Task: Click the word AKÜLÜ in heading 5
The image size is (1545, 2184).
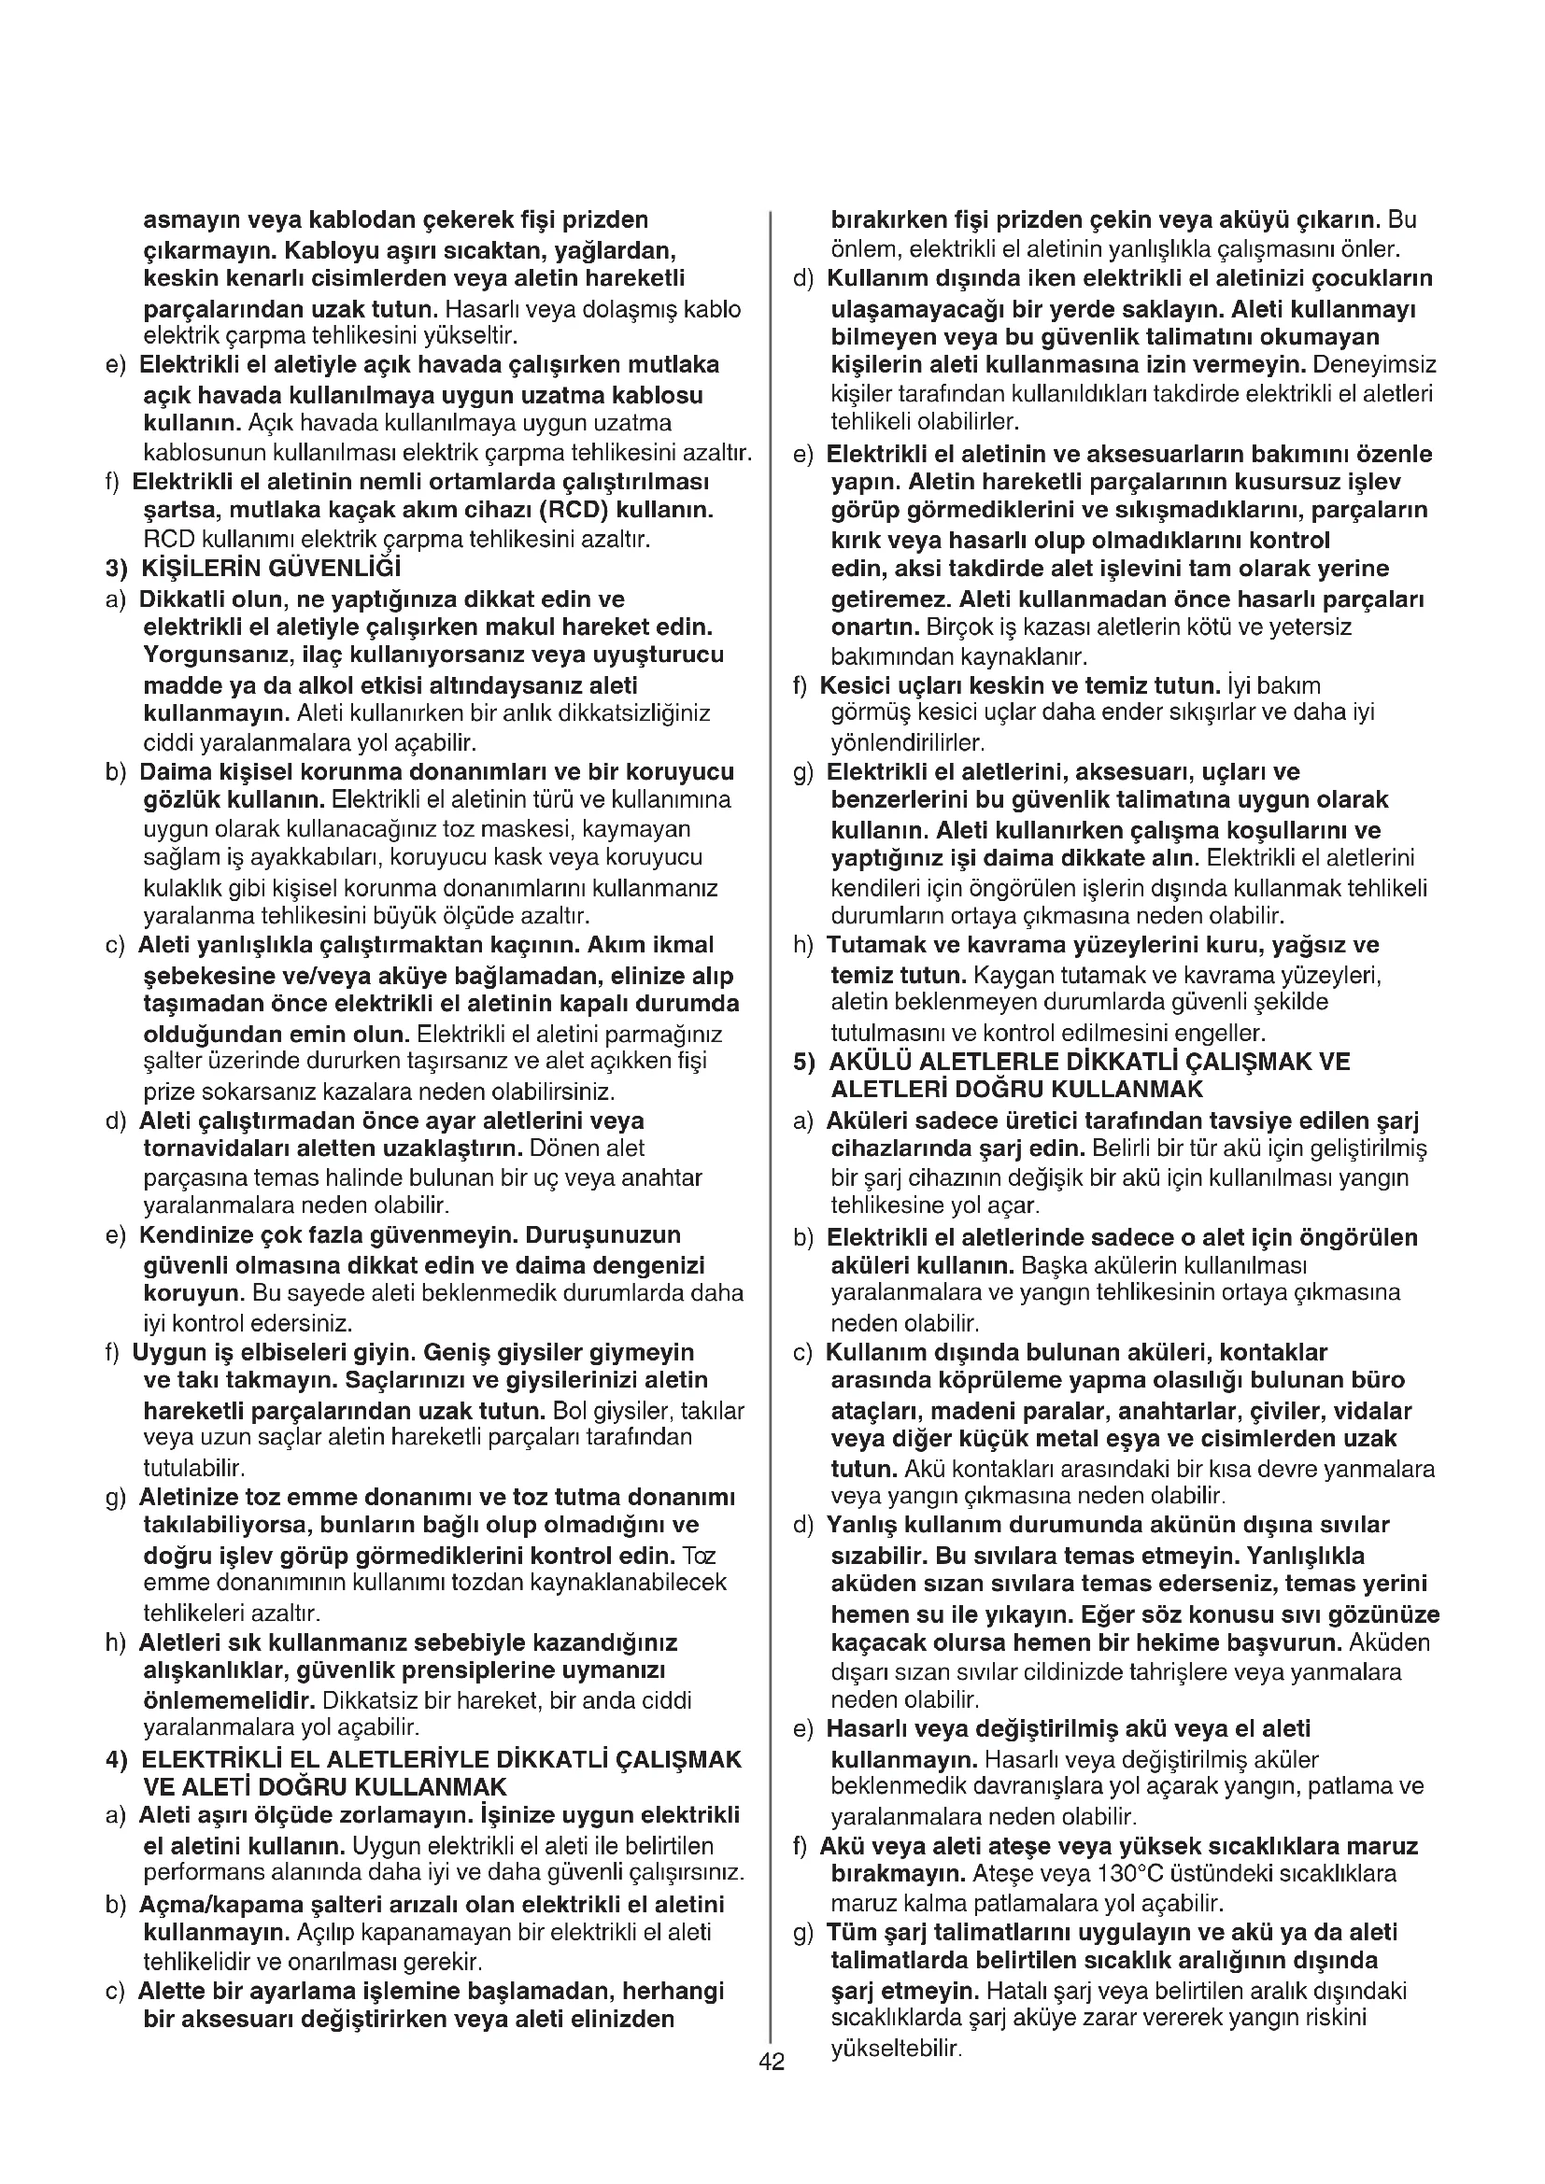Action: [869, 1062]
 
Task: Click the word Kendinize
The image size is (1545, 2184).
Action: [191, 1234]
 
